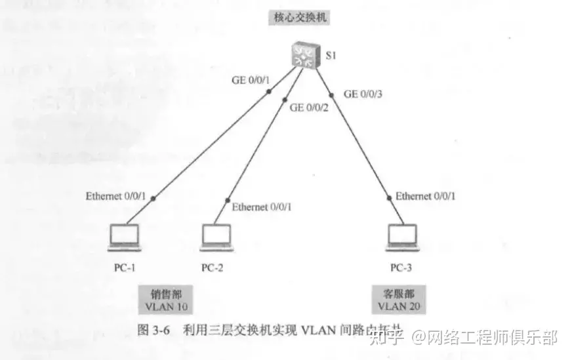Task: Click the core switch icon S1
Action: [x=304, y=54]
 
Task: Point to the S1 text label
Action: [x=332, y=56]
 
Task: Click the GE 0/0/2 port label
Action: [x=309, y=108]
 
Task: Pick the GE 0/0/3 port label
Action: [x=363, y=94]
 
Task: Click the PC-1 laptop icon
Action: [x=124, y=237]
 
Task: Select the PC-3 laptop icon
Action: [x=401, y=237]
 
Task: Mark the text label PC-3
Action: [x=402, y=268]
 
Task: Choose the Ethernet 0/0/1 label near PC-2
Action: [x=262, y=207]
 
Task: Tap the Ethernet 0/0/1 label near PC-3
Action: [x=426, y=196]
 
